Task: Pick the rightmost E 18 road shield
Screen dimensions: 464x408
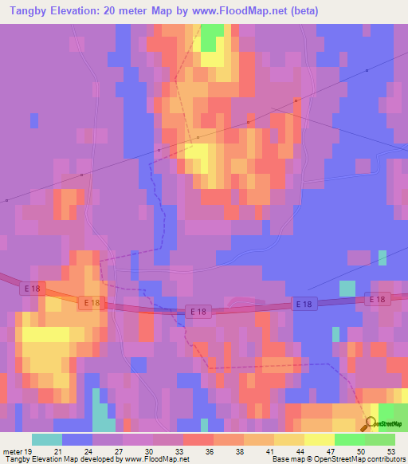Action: (x=378, y=299)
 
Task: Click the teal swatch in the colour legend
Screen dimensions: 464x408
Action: (x=46, y=439)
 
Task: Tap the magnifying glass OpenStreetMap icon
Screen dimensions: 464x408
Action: (x=371, y=425)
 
